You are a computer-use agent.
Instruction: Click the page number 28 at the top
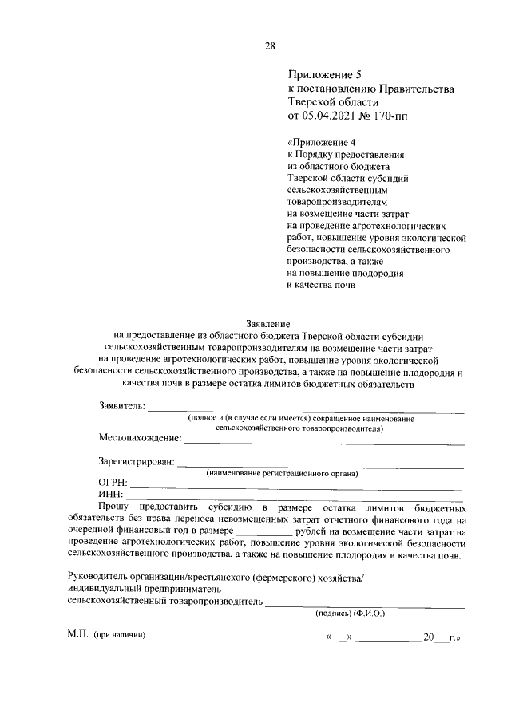pos(269,45)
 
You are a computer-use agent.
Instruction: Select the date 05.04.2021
pos(329,116)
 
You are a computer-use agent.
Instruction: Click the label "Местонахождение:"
pos(140,438)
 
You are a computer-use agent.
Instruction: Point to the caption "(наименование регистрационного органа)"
pos(282,474)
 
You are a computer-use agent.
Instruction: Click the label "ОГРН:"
pos(113,482)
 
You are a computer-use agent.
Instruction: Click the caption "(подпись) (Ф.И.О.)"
pos(345,614)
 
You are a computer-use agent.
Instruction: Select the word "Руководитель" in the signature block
pos(101,576)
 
